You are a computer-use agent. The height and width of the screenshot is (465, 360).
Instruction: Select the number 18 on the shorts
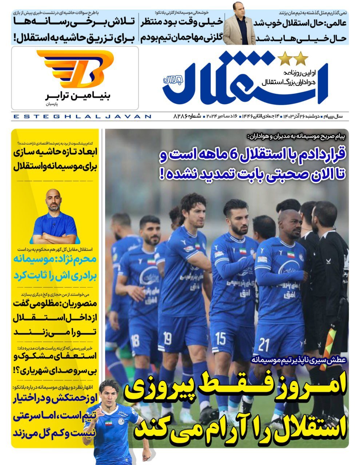tap(135, 340)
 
